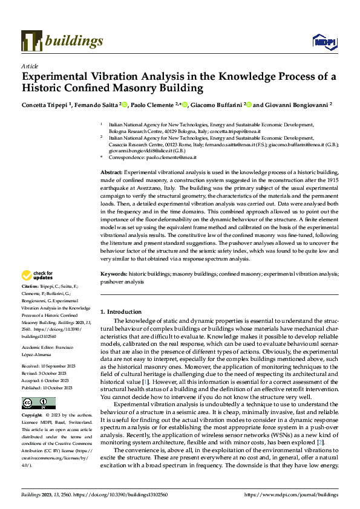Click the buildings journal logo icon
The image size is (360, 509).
31,41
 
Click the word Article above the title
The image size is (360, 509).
30,66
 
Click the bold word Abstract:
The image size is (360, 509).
113,172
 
